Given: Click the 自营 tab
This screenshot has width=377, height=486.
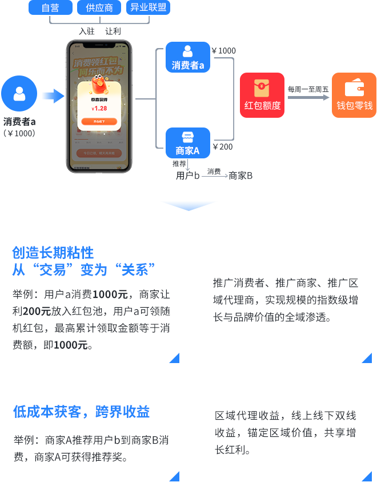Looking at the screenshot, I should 50,7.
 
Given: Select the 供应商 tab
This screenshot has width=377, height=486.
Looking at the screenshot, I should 99,7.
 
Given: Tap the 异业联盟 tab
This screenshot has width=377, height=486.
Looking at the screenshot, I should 148,7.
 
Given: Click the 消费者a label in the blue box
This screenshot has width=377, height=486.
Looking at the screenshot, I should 188,65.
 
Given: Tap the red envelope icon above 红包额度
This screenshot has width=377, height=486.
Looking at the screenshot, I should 262,87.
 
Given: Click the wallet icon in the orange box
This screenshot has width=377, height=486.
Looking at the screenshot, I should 354,87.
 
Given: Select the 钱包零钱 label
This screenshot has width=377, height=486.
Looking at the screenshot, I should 354,106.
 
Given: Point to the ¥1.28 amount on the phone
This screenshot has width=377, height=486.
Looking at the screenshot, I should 99,108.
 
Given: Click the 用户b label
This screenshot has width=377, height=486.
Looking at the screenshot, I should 187,176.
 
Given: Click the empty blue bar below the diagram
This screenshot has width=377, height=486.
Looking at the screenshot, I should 188,206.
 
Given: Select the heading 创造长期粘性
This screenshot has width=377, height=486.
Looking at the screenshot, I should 53,253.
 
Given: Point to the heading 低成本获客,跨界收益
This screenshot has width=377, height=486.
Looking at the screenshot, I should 81,412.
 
